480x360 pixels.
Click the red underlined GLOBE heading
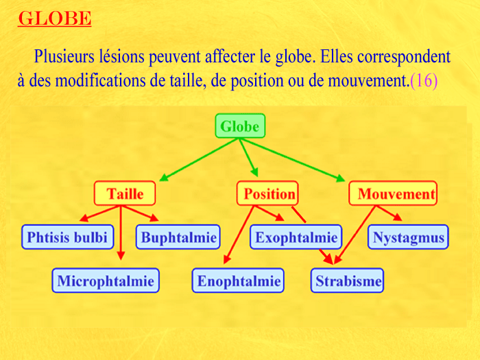tap(54, 19)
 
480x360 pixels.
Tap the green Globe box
tap(240, 125)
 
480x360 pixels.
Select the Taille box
tap(125, 193)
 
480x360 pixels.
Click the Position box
tap(267, 193)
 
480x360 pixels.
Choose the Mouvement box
tap(393, 193)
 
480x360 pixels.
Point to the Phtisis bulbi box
tap(68, 237)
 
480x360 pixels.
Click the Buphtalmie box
tap(178, 237)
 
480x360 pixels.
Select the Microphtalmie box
tap(106, 280)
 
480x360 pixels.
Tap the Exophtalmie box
tap(296, 237)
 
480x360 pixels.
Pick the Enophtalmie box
tap(238, 280)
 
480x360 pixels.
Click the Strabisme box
tap(347, 280)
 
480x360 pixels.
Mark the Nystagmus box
tap(408, 237)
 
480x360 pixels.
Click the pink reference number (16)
tap(424, 81)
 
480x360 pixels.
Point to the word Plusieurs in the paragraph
tap(64, 56)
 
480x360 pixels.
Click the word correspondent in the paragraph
tap(404, 57)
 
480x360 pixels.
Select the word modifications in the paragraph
tap(100, 81)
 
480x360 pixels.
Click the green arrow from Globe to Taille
tap(199, 160)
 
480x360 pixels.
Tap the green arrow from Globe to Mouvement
tap(292, 160)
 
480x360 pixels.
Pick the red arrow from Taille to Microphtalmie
tap(121, 233)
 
